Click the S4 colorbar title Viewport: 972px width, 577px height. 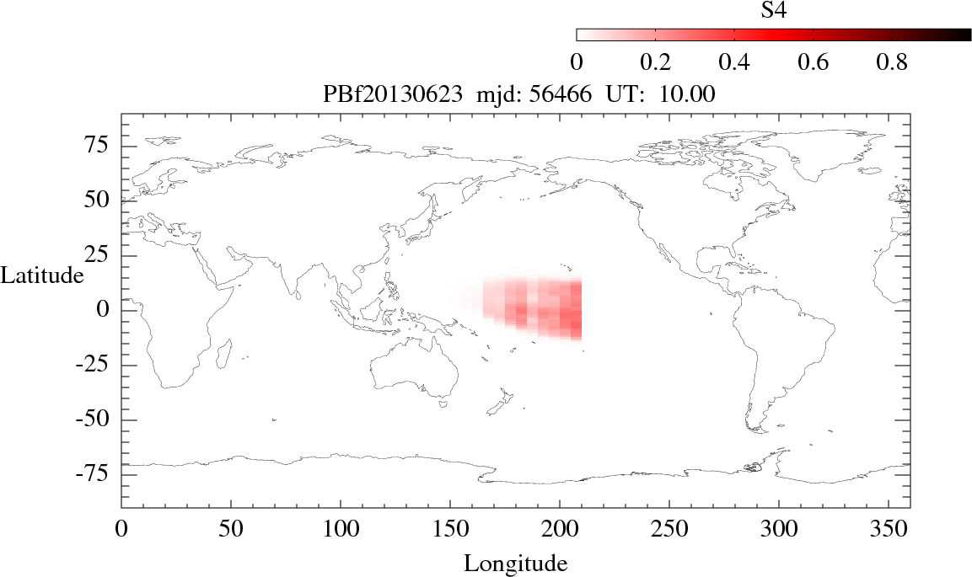click(x=774, y=10)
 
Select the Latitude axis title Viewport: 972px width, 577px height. click(x=42, y=275)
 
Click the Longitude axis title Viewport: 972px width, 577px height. click(x=515, y=563)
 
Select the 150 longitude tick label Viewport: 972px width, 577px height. click(x=450, y=531)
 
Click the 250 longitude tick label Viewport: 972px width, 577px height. click(x=669, y=531)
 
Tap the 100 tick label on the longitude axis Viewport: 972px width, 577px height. click(x=341, y=531)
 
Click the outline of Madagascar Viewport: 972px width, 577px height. click(x=225, y=352)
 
